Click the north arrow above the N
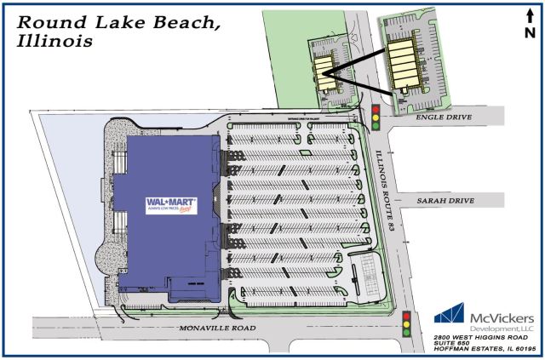point(530,14)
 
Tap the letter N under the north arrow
point(530,33)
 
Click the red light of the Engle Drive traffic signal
point(376,108)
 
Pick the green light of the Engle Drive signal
point(376,127)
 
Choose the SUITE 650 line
point(452,345)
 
